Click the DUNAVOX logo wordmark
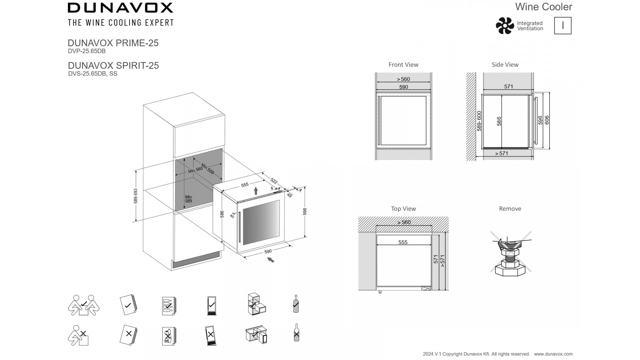[120, 8]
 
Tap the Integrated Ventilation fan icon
[505, 26]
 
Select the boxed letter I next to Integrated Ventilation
[563, 26]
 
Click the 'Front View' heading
[403, 65]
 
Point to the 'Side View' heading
[505, 65]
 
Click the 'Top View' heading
[403, 209]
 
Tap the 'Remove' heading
[510, 209]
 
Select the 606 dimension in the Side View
[547, 120]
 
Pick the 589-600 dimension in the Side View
[479, 121]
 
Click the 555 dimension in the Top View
[403, 242]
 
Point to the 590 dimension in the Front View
[403, 87]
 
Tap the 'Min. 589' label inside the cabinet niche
[189, 199]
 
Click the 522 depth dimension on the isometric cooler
[274, 181]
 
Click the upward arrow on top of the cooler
[256, 191]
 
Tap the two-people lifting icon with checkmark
[83, 305]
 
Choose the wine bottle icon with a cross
[296, 333]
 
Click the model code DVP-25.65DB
[87, 51]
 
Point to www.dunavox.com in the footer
[553, 354]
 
